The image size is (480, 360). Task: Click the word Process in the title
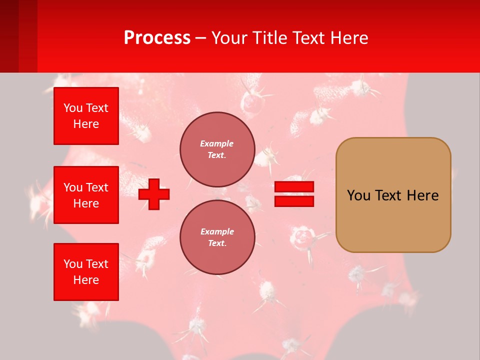coord(157,38)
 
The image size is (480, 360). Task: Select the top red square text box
coord(86,116)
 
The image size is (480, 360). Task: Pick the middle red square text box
coord(86,195)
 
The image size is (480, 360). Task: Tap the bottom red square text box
coord(86,272)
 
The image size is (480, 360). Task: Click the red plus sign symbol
coord(154,194)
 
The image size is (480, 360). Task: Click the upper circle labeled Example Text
coord(217,149)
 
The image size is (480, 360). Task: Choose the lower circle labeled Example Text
coord(217,237)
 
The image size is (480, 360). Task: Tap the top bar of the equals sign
coord(294,187)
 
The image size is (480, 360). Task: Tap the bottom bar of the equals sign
coord(294,201)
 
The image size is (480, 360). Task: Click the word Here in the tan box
coord(423,195)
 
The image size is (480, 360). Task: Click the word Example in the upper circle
coord(216,143)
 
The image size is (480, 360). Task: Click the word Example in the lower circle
coord(216,231)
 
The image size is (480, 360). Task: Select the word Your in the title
coord(228,38)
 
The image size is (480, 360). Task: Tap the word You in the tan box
coord(359,195)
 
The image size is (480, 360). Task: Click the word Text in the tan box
coord(389,195)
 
